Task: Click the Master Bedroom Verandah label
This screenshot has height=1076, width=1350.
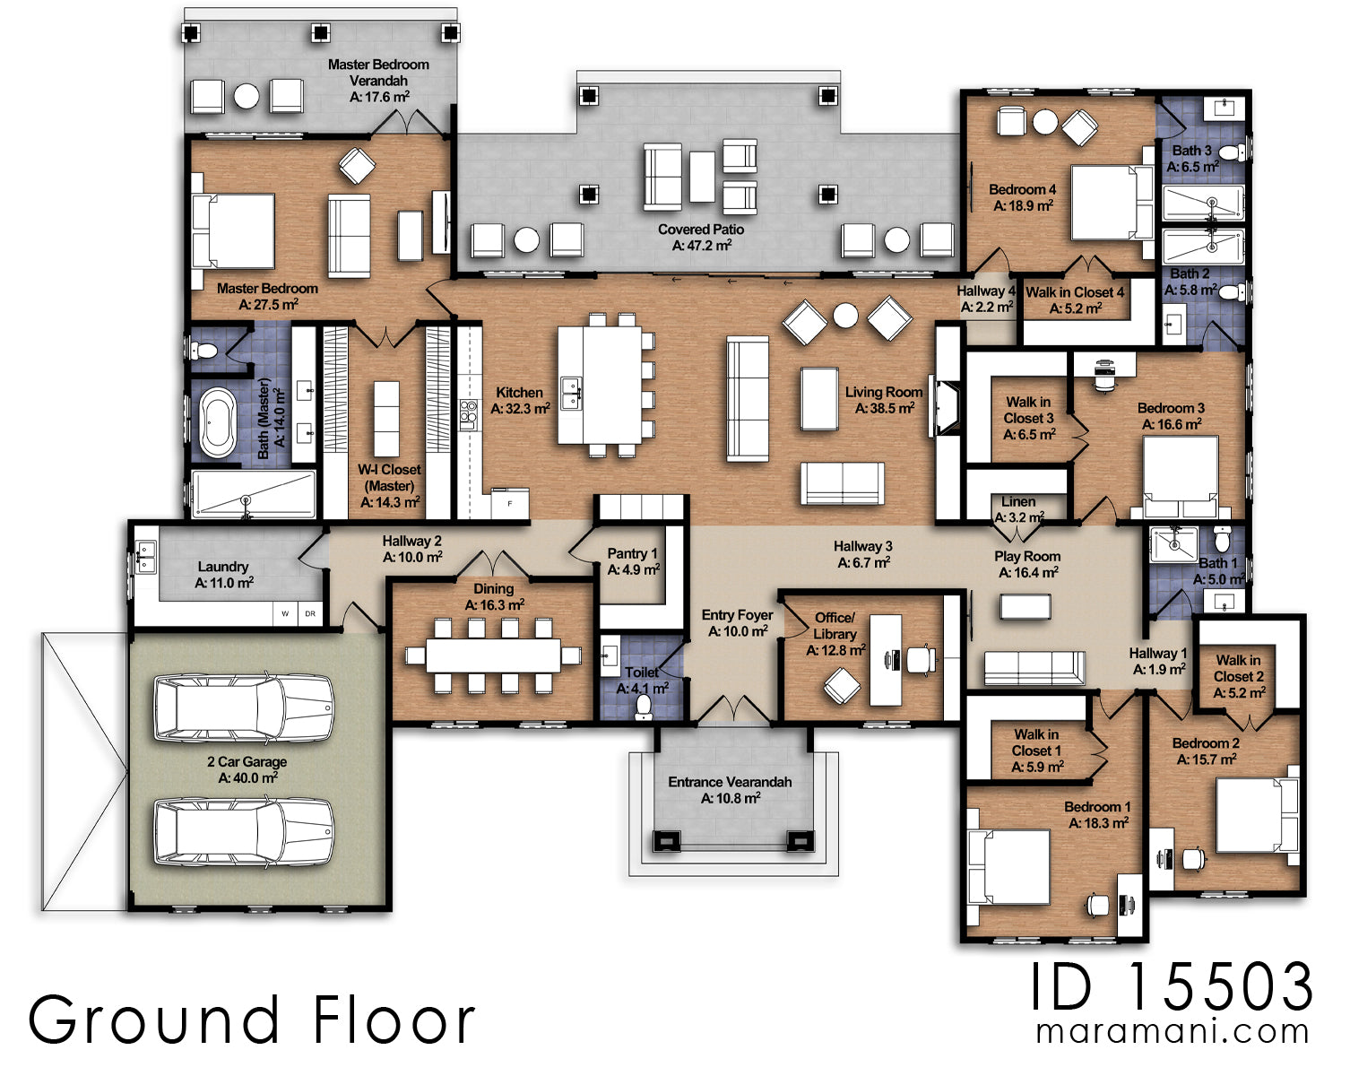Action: click(x=377, y=80)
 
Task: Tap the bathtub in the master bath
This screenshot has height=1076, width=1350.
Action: click(x=218, y=422)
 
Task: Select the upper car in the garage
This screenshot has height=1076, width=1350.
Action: click(x=244, y=707)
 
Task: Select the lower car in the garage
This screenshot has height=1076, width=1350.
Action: click(x=244, y=833)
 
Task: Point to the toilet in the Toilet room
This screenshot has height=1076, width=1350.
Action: click(x=643, y=707)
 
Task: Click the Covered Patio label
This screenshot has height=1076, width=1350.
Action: click(x=700, y=237)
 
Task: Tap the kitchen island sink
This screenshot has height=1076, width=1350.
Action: click(x=570, y=392)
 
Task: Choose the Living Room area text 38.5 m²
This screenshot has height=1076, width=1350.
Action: click(x=884, y=408)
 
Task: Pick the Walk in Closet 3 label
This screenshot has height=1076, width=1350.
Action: click(x=1028, y=418)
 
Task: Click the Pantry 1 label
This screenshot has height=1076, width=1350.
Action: click(x=633, y=561)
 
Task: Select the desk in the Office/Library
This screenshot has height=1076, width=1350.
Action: click(x=886, y=658)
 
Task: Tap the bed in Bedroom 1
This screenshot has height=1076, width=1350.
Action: click(x=1008, y=867)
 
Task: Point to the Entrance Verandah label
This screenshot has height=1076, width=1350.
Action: click(x=730, y=789)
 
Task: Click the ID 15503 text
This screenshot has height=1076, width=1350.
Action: click(x=1171, y=987)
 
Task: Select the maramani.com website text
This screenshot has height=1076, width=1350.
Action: click(x=1172, y=1032)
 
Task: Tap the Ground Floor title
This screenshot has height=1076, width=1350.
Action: click(x=252, y=1020)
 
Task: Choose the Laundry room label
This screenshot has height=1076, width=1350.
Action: click(x=223, y=574)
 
